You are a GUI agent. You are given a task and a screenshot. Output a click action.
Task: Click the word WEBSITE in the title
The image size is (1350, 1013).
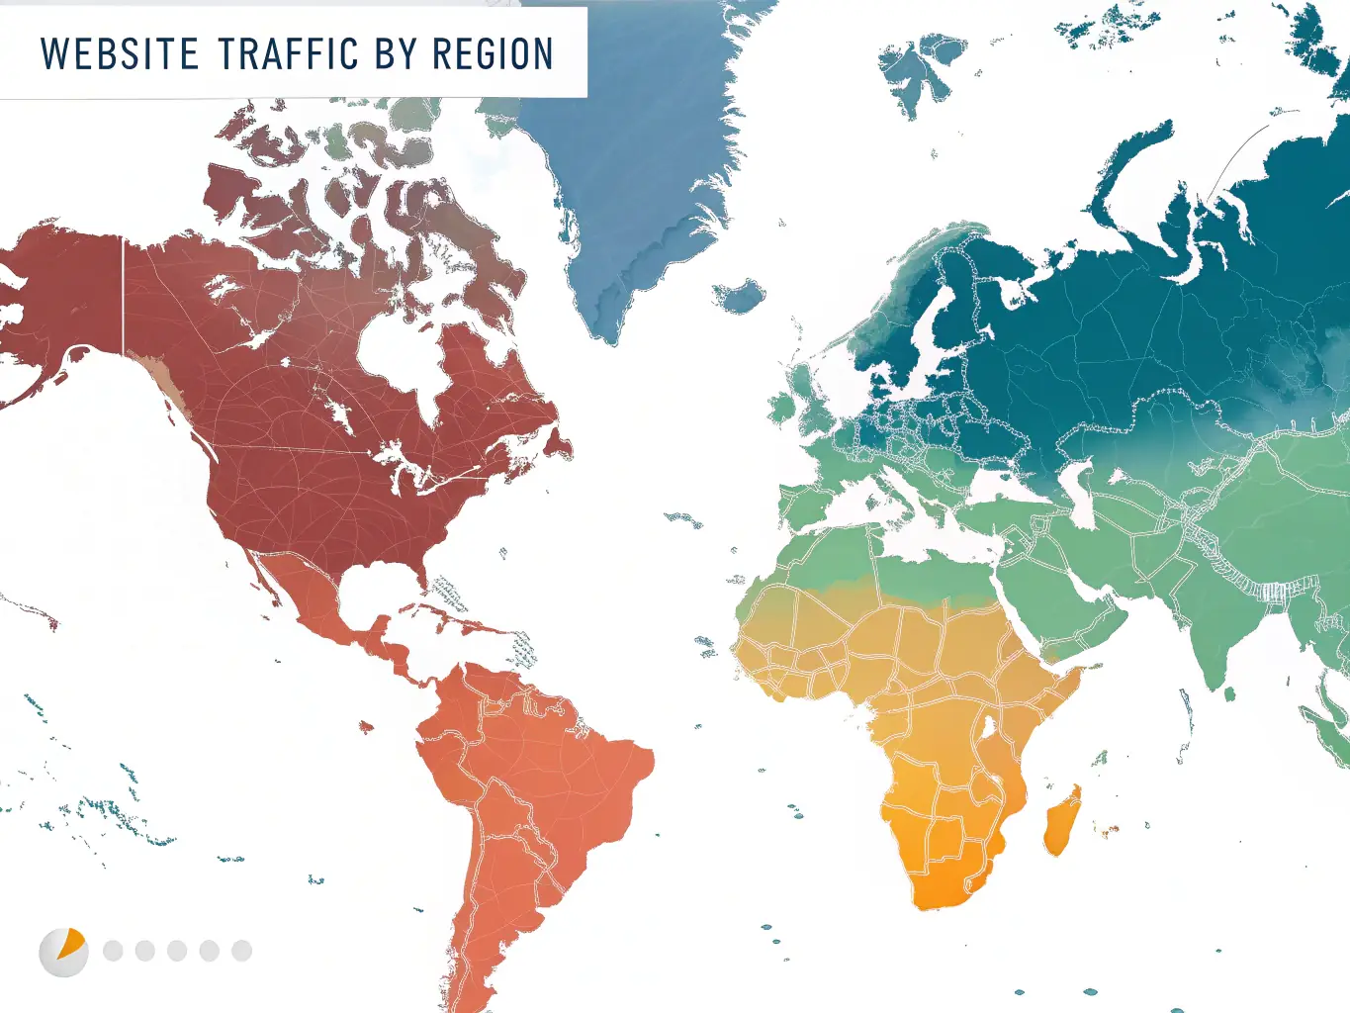pos(120,54)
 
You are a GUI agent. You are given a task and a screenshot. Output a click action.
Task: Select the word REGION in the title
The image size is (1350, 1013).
pos(493,54)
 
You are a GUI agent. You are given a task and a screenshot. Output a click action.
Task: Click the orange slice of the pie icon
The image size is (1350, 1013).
pos(71,943)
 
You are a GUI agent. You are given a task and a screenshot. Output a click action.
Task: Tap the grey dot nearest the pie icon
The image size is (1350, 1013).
pos(113,951)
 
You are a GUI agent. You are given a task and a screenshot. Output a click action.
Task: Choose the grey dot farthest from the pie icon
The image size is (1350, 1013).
pos(241,951)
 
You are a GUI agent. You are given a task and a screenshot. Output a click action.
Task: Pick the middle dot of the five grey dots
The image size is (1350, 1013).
pos(177,951)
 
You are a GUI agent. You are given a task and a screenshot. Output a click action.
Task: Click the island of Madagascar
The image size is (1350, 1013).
pos(1062,821)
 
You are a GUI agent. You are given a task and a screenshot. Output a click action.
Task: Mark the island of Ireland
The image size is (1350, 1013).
pos(781,407)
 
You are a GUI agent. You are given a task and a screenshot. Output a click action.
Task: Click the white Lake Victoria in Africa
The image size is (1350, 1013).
pos(986,728)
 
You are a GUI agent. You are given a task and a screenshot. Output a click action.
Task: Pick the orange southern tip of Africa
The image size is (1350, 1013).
pos(940,890)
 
